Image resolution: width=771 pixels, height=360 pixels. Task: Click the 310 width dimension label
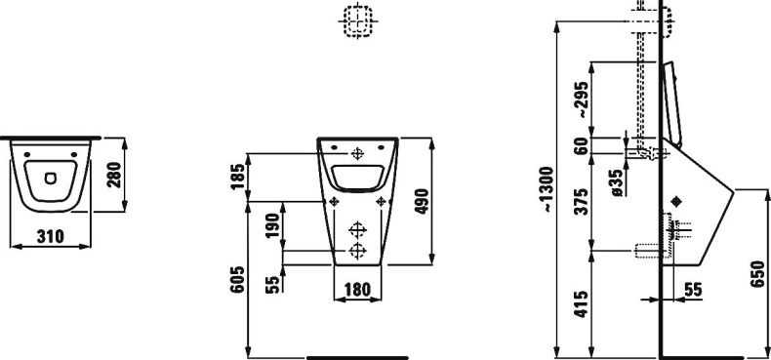(x=50, y=236)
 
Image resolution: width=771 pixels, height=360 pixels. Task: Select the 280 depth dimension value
(x=113, y=175)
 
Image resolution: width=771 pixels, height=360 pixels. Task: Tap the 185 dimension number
(x=237, y=177)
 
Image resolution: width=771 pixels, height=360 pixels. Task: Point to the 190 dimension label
(x=272, y=224)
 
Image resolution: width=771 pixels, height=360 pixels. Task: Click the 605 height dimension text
(x=237, y=279)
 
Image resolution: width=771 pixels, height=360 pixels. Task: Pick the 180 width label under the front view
(x=356, y=290)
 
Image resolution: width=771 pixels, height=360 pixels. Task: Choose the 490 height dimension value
(x=422, y=201)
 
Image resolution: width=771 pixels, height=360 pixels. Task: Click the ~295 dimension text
(x=583, y=100)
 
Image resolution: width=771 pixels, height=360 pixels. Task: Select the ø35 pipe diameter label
(x=618, y=183)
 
